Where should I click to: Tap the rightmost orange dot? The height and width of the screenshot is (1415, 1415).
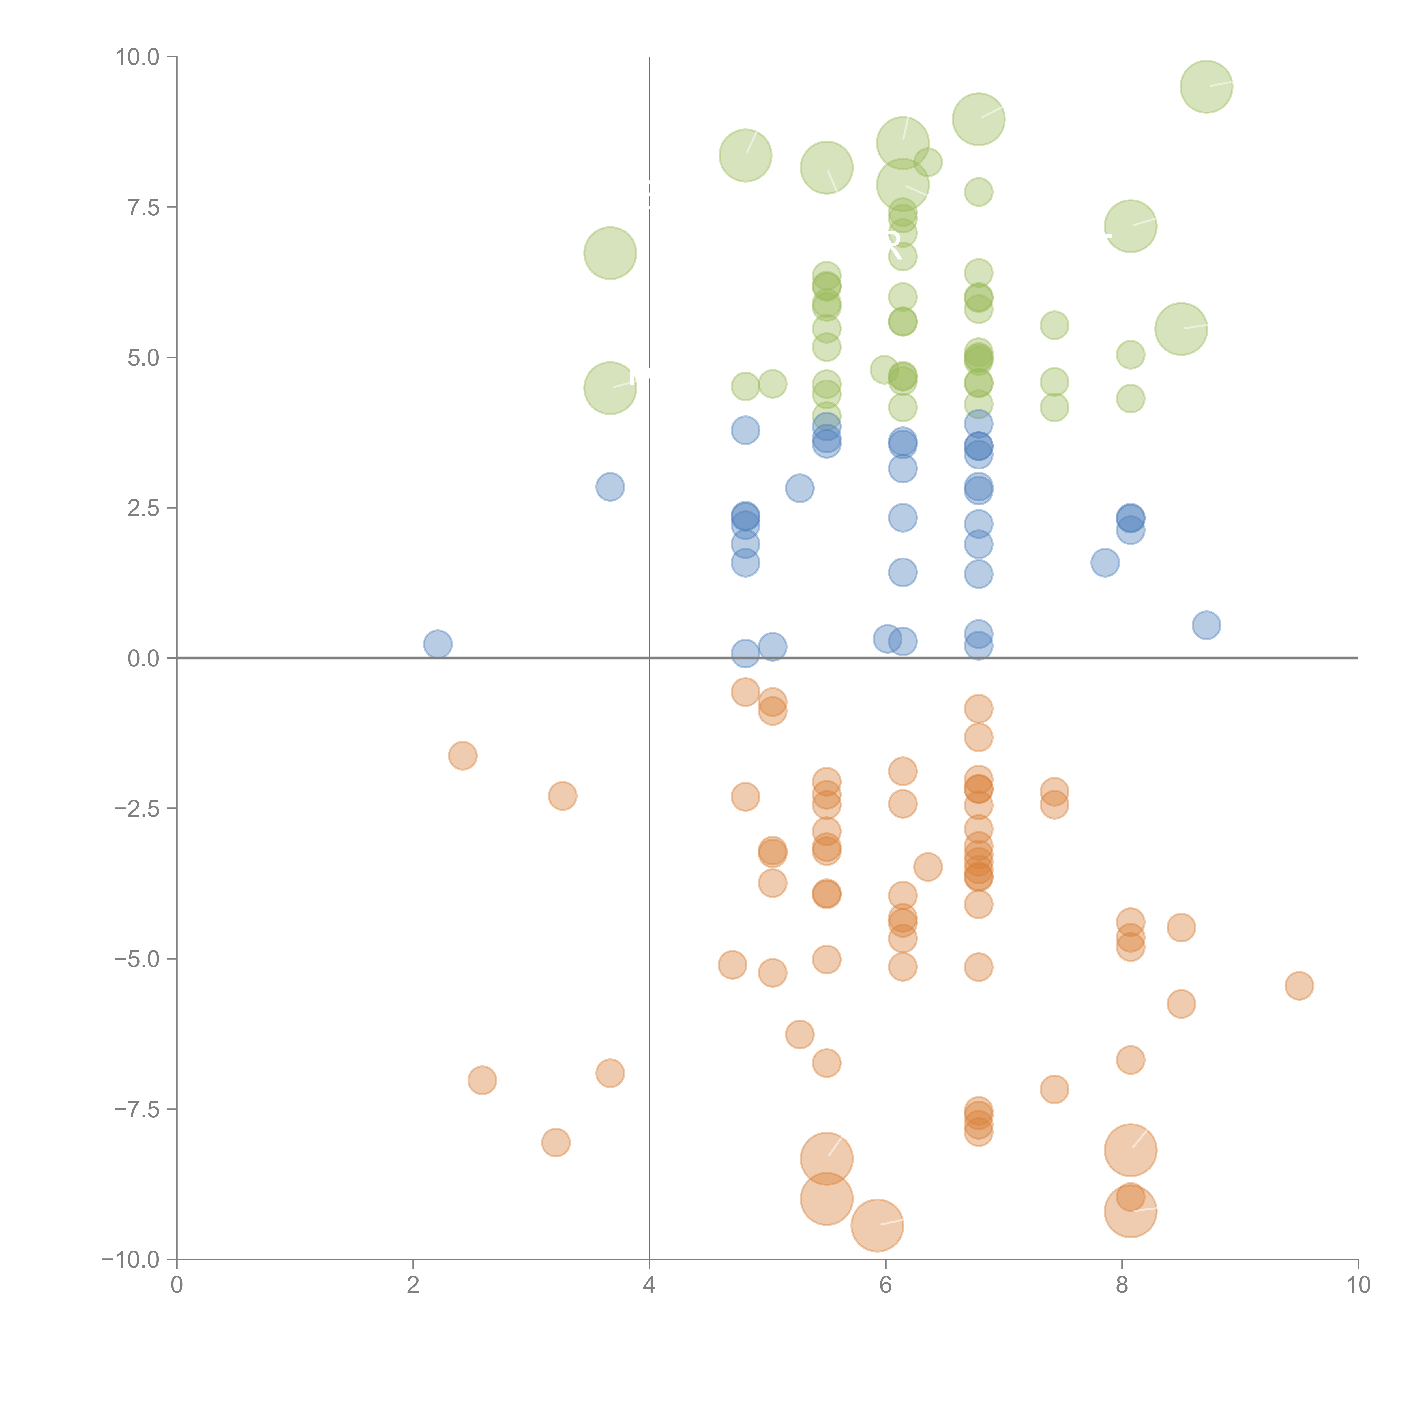coord(1299,986)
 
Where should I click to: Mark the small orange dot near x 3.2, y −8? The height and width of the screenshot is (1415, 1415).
coord(556,1142)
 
